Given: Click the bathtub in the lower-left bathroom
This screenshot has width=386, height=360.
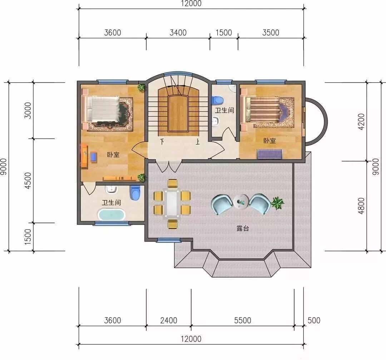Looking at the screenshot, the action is pos(112,215).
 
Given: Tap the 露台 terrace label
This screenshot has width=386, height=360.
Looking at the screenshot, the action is pos(242,228).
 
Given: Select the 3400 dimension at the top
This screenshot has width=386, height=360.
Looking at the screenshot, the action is pos(178,32).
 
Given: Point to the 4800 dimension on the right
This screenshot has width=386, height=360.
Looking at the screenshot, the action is pos(361,206).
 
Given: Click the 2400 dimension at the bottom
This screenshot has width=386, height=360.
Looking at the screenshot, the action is pos(169,320).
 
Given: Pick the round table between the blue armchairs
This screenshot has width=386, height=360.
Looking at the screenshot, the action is pos(241,201).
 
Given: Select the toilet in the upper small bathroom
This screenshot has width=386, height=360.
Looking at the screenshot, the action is pos(217,100).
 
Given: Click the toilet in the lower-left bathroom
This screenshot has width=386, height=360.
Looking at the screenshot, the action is pos(135,192).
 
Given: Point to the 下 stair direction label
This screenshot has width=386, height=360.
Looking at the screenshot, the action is pos(162,141).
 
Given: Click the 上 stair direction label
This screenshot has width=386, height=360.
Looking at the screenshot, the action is pos(197,141).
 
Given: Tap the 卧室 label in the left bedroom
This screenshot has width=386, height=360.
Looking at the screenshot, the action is pos(113,155).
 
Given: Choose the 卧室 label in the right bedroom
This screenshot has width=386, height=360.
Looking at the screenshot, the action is pos(269,141).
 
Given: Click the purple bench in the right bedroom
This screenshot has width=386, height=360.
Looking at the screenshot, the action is pos(269,154).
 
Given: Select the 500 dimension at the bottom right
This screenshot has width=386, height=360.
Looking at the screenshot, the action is pos(314,320).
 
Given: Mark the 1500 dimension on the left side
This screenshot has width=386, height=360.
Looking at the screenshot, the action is pos(28,237).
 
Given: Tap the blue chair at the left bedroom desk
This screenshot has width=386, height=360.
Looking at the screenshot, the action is pos(94,157).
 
